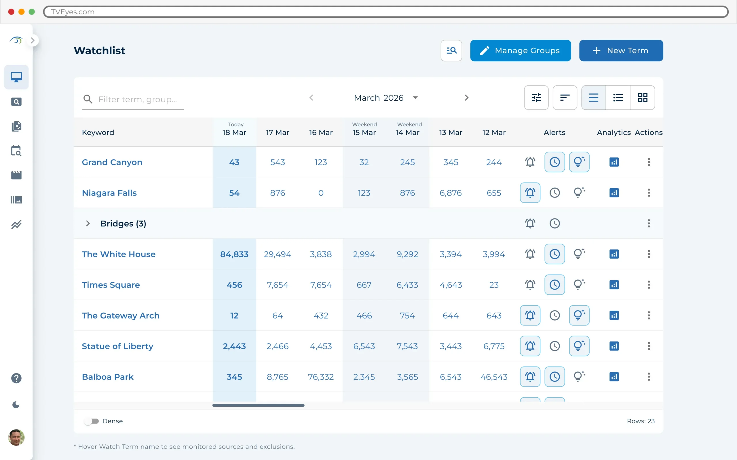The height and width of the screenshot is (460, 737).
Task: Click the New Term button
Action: coord(621,51)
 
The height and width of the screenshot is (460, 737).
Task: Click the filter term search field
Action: coord(137,99)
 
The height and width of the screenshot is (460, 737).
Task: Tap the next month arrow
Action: coord(466,98)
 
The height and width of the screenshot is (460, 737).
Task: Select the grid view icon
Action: coord(642,98)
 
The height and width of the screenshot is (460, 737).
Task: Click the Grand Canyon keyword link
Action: coord(112,162)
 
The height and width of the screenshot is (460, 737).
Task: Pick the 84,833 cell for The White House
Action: coord(234,254)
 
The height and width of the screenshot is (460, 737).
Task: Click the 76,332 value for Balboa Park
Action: coord(321,377)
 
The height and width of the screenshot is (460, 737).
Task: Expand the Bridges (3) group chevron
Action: coord(88,223)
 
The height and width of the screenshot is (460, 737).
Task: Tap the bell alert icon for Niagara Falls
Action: coord(530,193)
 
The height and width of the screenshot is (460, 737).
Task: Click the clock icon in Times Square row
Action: coord(554,285)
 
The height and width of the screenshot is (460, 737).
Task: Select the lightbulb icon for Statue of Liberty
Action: coord(579,346)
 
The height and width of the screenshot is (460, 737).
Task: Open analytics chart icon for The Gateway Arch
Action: coord(614,315)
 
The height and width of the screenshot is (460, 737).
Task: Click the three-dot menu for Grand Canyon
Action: coord(649,162)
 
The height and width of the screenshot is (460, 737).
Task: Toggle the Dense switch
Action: coord(91,421)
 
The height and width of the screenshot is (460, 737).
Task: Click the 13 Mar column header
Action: coord(451,132)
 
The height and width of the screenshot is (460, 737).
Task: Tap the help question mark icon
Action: coord(16,378)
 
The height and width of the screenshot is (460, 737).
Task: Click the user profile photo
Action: coord(16,437)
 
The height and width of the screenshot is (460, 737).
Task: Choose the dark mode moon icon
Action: coord(16,405)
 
